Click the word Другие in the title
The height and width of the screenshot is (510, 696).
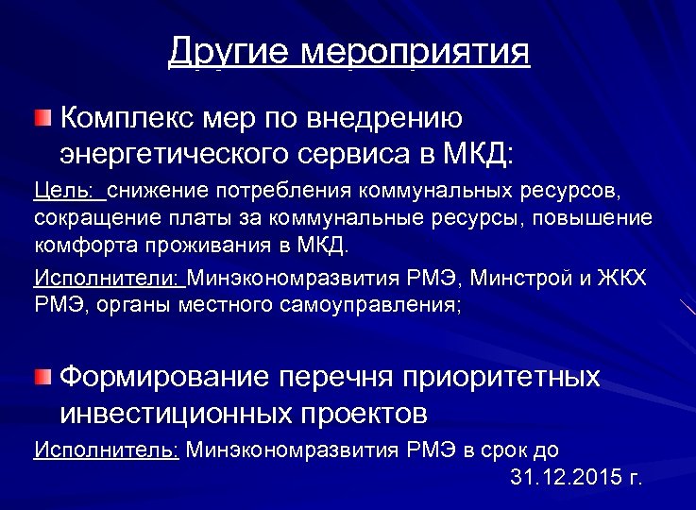click(228, 51)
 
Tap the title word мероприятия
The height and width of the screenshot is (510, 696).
click(415, 51)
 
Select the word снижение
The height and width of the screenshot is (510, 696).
click(160, 193)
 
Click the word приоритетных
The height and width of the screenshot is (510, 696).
click(501, 378)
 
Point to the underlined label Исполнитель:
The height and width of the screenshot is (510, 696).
click(106, 450)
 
